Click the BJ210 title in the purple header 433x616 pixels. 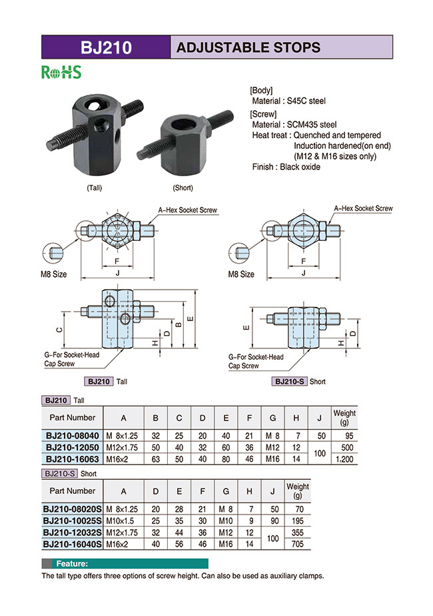pos(106,47)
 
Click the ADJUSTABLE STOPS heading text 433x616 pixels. pos(248,47)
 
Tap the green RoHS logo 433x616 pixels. pos(61,72)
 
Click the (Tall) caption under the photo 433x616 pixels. pos(95,188)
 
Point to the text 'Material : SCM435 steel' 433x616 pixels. pos(294,124)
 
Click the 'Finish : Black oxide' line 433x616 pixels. pos(286,167)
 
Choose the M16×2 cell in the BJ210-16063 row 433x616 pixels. pos(123,458)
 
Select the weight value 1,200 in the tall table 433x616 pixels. pos(344,458)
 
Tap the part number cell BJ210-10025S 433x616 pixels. pos(72,521)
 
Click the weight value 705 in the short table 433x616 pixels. pos(297,545)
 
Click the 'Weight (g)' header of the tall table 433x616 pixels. pos(344,417)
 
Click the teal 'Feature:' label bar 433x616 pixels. pos(125,563)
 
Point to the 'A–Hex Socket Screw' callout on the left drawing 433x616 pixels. pos(187,210)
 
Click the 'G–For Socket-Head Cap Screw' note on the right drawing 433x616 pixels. pos(255,361)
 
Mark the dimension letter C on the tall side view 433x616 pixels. pos(59,329)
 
